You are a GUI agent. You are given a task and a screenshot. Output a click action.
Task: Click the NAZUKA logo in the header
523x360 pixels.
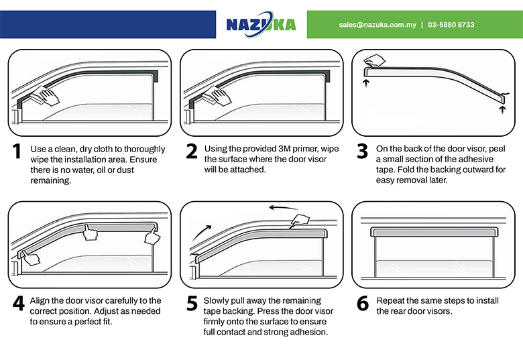[x=261, y=24]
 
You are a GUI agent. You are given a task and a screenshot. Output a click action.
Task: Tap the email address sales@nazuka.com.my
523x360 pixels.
[x=377, y=25]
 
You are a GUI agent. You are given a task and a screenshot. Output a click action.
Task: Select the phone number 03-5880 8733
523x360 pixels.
[x=451, y=25]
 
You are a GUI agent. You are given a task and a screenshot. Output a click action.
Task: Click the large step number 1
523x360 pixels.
[x=17, y=151]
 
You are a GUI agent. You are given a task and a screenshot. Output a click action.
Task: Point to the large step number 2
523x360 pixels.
[x=192, y=151]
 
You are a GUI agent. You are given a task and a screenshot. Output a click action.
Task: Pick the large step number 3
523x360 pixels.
[x=362, y=151]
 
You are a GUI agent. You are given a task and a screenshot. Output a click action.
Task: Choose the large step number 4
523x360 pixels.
[x=19, y=303]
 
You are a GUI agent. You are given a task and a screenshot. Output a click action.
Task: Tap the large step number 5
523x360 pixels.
[x=192, y=303]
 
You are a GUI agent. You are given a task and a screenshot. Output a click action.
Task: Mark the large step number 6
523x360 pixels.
[x=363, y=303]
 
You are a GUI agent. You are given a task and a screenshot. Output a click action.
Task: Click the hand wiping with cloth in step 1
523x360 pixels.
[x=46, y=96]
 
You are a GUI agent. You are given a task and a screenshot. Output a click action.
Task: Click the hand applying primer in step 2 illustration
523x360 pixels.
[x=217, y=96]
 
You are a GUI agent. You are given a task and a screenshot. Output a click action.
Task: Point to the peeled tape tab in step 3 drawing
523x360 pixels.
[x=374, y=60]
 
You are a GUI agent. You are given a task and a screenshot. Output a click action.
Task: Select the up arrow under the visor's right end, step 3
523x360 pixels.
[x=503, y=110]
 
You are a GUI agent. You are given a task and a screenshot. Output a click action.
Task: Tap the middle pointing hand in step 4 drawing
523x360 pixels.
[x=90, y=233]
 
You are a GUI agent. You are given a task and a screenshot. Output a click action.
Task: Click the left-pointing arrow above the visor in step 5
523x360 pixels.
[x=284, y=208]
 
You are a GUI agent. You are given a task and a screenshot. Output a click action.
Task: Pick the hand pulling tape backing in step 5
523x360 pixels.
[x=300, y=221]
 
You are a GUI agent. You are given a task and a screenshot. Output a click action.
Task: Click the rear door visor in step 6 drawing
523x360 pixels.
[x=434, y=232]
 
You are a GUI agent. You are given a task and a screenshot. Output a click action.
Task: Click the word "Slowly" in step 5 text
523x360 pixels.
[x=216, y=300]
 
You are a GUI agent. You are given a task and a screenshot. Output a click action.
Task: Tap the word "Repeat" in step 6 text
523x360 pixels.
[x=390, y=300]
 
